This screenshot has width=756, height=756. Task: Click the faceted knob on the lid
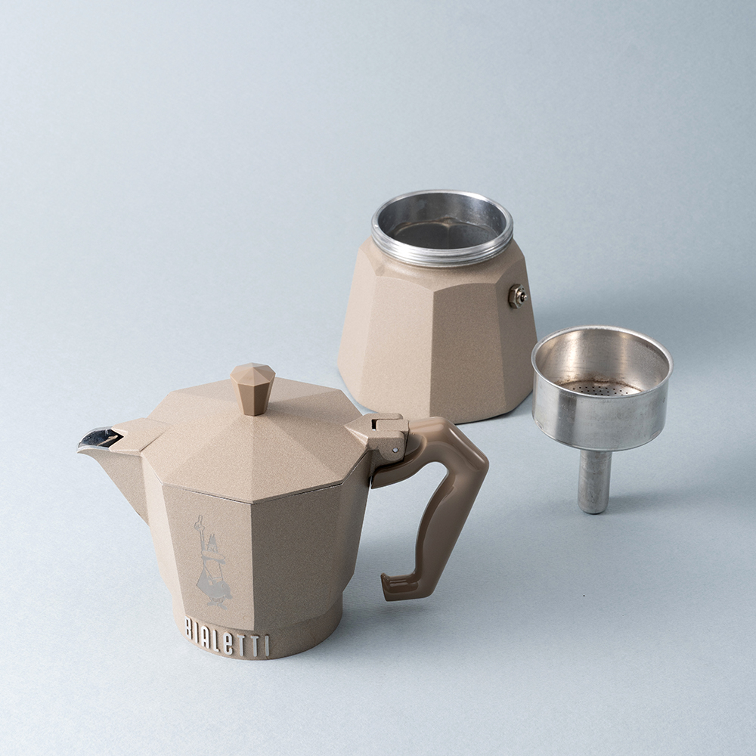click(253, 388)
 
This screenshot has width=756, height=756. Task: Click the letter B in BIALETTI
click(190, 627)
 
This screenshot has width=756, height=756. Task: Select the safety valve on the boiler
click(517, 296)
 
